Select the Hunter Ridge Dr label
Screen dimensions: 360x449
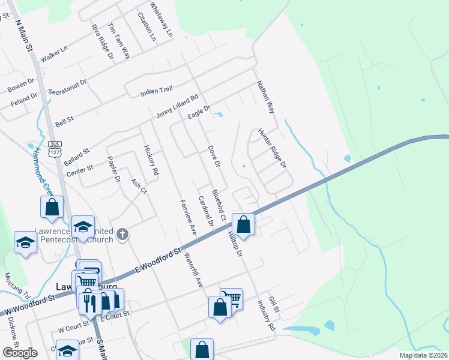273,148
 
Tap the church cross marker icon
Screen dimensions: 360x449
122,234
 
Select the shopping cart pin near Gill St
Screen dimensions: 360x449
232,298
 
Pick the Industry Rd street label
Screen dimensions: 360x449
267,316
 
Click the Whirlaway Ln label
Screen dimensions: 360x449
161,17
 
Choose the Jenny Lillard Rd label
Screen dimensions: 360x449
176,106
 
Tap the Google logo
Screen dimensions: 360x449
20,353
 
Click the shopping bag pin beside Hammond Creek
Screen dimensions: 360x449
52,207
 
